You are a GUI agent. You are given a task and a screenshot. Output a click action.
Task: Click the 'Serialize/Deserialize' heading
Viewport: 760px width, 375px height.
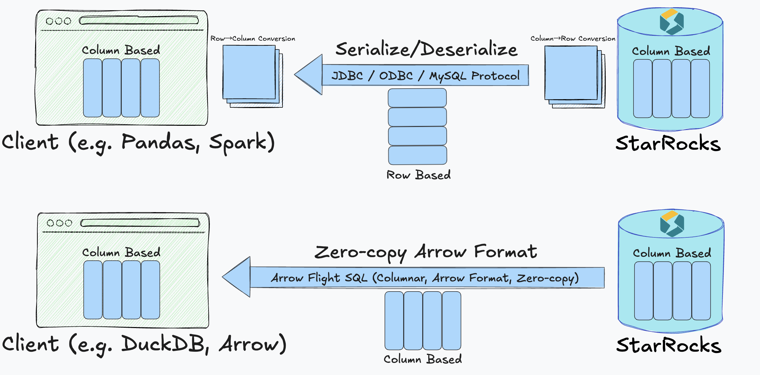tap(426, 49)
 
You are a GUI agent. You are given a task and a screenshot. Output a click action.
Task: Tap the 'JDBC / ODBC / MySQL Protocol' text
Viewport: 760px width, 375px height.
tap(425, 76)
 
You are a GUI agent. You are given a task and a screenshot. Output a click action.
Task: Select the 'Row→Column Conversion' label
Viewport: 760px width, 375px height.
tap(253, 39)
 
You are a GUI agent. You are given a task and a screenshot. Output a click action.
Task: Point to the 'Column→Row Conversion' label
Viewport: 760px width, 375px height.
tap(573, 39)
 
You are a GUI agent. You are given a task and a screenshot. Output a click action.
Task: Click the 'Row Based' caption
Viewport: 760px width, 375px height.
tap(418, 175)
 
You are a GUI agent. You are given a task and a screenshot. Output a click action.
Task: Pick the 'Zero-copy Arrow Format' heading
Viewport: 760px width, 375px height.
tap(425, 252)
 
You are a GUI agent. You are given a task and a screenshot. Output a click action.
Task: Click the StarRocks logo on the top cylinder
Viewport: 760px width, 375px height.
tap(672, 22)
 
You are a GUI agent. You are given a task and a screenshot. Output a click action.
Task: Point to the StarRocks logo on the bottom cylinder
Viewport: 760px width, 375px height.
tap(672, 224)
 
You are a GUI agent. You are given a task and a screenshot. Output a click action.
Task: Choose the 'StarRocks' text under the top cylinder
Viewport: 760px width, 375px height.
tap(668, 143)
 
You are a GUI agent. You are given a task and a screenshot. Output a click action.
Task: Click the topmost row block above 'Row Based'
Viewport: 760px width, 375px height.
tap(417, 98)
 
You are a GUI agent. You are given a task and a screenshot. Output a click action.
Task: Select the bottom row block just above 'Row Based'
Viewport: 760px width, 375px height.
tap(417, 155)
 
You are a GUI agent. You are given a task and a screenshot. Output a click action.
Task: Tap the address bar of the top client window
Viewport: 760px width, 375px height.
tap(139, 21)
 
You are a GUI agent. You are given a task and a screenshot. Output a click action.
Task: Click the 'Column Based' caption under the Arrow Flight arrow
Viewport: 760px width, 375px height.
tap(423, 359)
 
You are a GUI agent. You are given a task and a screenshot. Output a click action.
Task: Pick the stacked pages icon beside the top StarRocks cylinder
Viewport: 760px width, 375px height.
tap(574, 77)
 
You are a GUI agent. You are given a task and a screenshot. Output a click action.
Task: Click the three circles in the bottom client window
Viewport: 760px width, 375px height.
tap(59, 223)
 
